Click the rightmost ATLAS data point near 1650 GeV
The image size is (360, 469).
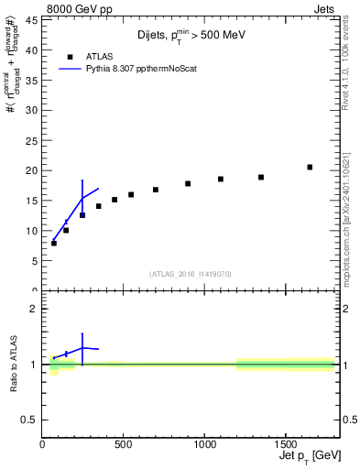(x=310, y=168)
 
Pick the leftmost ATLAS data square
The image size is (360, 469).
(x=54, y=243)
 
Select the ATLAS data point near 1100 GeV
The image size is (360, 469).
(x=221, y=180)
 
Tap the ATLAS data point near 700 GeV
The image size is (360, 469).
(x=156, y=190)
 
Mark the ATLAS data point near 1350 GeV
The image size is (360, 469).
(x=261, y=178)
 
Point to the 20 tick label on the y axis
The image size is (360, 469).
(x=32, y=170)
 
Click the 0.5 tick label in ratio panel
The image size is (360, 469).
(x=29, y=420)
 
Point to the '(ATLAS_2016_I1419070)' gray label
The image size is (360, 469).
(x=191, y=274)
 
